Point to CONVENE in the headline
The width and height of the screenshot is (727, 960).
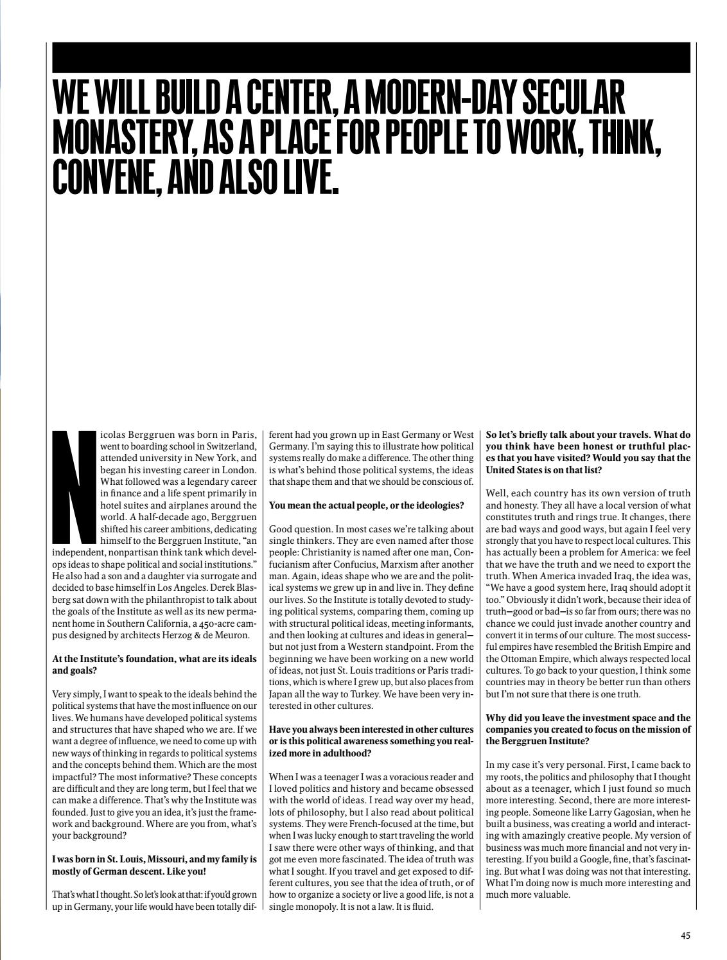(103, 172)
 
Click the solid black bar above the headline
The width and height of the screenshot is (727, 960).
(371, 57)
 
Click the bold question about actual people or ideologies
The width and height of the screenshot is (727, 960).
(366, 505)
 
